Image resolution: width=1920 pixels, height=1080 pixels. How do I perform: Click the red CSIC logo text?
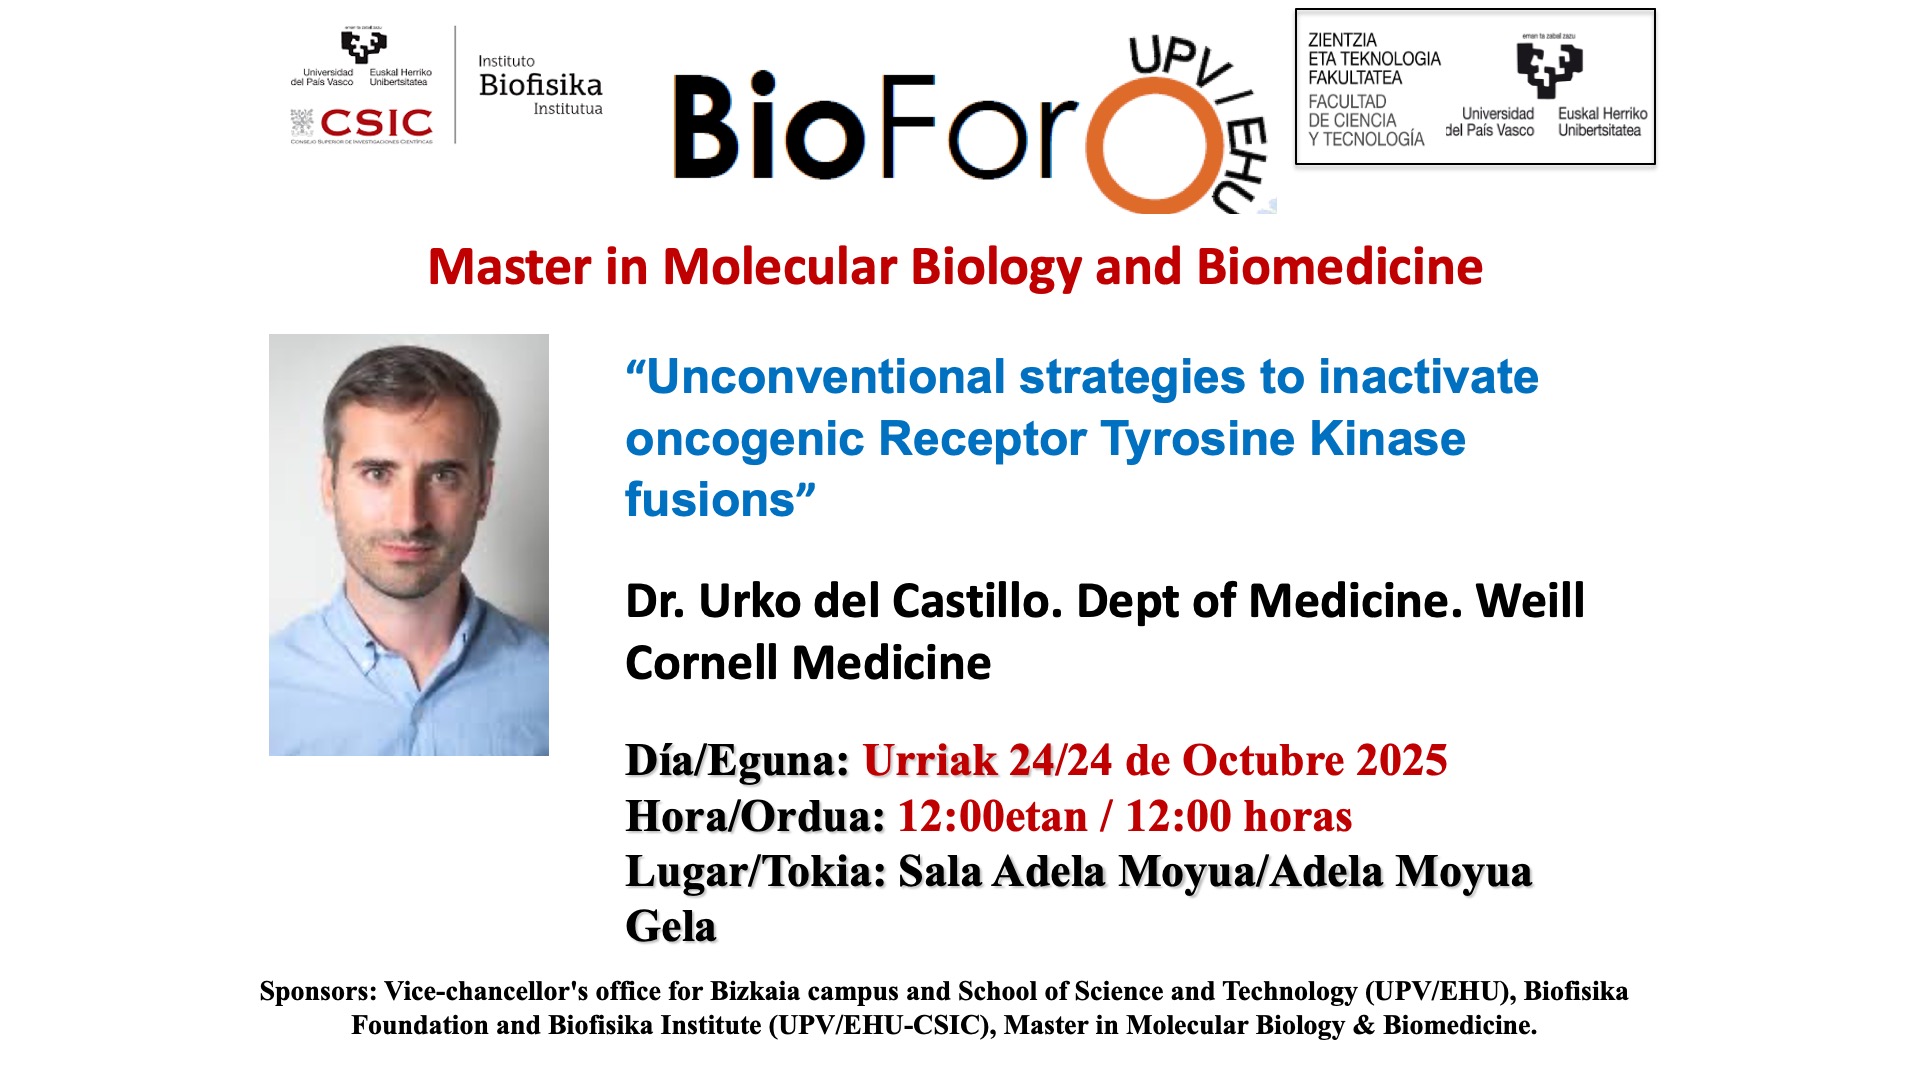click(376, 123)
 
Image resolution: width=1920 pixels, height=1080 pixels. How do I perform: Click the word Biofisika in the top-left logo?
click(541, 85)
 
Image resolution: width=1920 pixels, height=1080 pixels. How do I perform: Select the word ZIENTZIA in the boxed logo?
click(1342, 40)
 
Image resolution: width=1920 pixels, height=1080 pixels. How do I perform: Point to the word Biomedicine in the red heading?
click(1339, 267)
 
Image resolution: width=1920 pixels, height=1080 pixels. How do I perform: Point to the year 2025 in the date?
click(1401, 761)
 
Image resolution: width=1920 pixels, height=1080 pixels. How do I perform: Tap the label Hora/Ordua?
click(755, 817)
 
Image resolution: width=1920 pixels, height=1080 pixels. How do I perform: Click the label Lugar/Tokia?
click(756, 872)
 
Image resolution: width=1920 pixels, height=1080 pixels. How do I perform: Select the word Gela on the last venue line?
click(671, 927)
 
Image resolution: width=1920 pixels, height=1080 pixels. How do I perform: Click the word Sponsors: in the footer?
click(318, 991)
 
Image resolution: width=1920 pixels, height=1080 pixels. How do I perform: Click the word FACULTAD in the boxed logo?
click(1347, 101)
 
